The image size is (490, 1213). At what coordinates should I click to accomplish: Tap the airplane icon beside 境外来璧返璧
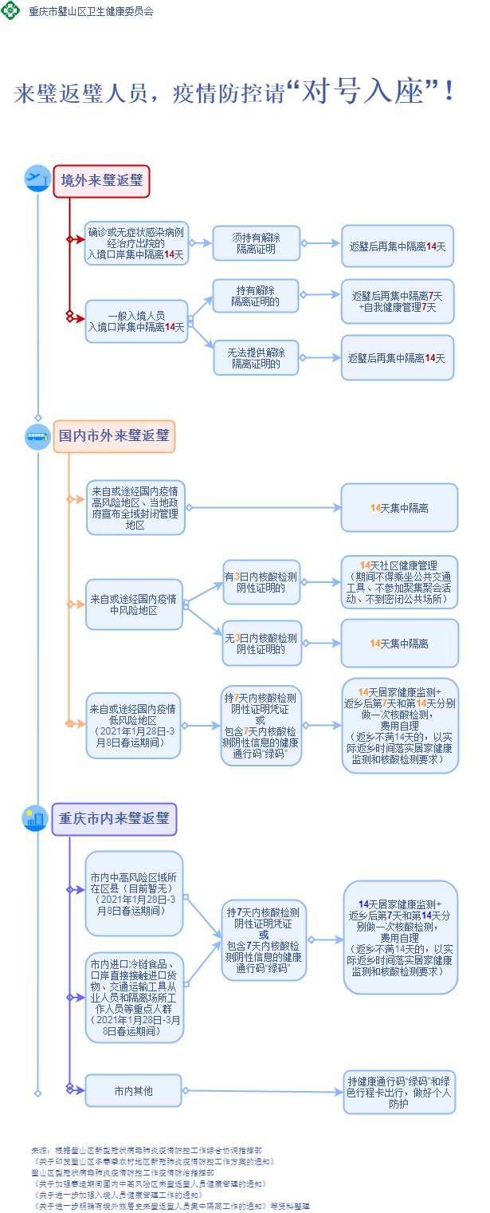37,179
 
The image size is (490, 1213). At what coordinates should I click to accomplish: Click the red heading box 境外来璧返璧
101,181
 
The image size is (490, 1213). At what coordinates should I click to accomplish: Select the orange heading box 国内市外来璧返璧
114,436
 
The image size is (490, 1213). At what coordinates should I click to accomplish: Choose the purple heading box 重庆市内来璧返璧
114,818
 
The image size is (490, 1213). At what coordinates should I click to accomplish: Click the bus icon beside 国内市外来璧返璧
37,436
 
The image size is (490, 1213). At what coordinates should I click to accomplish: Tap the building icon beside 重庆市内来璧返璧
37,818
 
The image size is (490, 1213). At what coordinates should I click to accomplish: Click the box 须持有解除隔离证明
256,243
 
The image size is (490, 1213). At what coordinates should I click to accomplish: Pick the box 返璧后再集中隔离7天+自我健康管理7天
397,301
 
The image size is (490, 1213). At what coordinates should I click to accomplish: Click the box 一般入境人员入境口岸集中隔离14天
136,321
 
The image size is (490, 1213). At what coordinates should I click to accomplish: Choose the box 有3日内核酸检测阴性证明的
261,582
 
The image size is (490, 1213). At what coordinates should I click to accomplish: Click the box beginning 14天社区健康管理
399,582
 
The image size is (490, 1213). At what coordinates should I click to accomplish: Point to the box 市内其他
133,1090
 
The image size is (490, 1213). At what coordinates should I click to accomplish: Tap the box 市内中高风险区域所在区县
134,894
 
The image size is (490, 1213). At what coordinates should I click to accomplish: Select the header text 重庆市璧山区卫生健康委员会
91,12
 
